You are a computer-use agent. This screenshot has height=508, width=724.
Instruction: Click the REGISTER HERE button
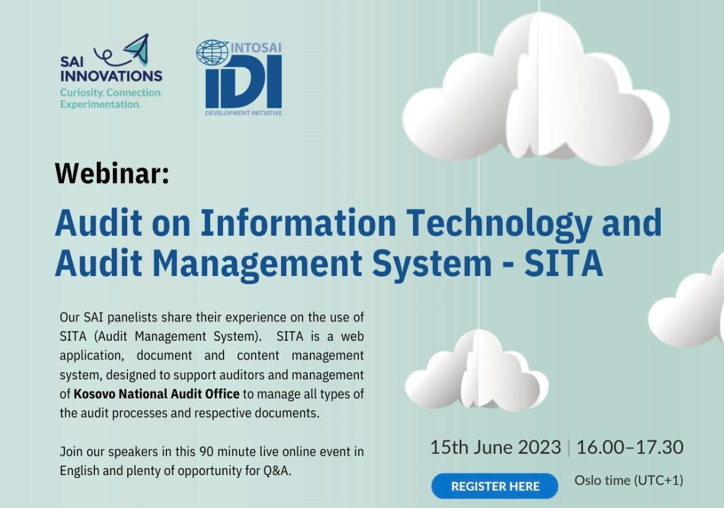coord(494,486)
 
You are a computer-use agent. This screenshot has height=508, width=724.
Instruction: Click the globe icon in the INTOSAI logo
coord(212,52)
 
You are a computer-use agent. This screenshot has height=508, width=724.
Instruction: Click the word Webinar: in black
coord(112,173)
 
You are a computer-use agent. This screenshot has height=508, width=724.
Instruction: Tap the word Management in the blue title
coord(256,264)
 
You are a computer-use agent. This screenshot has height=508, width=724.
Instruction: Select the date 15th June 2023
coord(495,447)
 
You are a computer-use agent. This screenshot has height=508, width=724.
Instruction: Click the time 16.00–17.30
coord(630,447)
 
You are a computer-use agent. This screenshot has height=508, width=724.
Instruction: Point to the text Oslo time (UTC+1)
coord(629,481)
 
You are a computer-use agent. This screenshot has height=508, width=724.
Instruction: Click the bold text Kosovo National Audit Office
coord(156,394)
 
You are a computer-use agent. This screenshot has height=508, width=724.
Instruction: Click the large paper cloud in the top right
coord(536,88)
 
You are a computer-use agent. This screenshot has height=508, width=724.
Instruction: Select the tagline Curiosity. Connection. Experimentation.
coord(111,98)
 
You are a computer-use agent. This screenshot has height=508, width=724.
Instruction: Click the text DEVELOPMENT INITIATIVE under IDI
coord(243,113)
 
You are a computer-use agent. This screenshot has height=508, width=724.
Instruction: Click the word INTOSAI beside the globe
coord(256,48)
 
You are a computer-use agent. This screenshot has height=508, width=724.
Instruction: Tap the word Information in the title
coord(298,223)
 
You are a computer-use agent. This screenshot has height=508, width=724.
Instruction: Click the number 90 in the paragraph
coord(206,451)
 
